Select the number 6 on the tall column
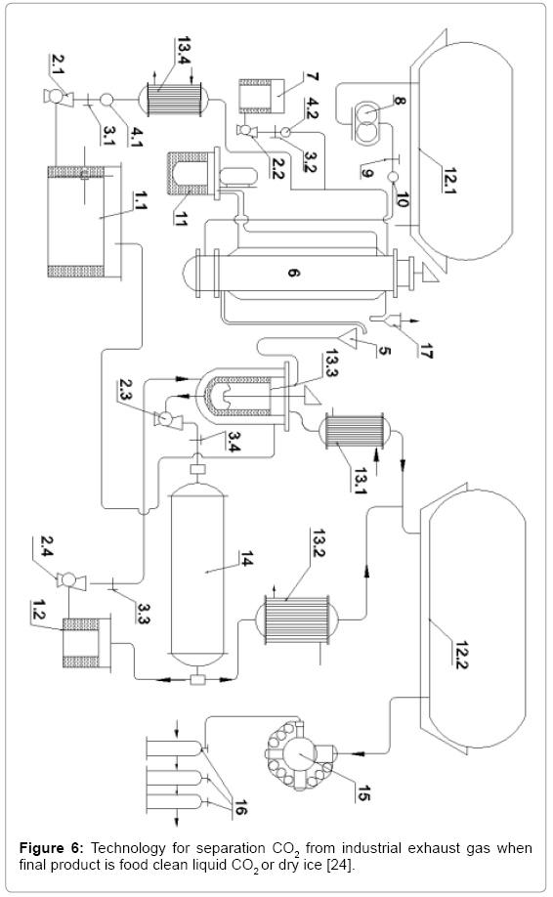[x=292, y=273]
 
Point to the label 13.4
[x=184, y=51]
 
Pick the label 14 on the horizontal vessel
[x=246, y=558]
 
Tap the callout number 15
[x=362, y=793]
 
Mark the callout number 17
[x=425, y=351]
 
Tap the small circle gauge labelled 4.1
[x=106, y=100]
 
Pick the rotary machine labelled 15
[x=299, y=754]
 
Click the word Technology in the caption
[x=128, y=848]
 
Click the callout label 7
[x=313, y=78]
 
